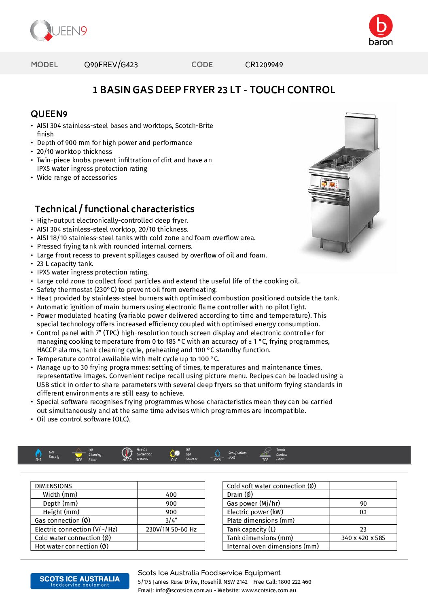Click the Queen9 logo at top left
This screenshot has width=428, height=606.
point(58,31)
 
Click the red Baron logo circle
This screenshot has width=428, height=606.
point(380,26)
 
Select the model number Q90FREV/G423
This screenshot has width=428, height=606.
point(111,65)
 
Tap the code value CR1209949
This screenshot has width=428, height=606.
point(264,65)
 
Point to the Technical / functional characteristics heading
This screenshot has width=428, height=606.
point(114,209)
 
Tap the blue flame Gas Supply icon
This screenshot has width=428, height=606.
point(38,453)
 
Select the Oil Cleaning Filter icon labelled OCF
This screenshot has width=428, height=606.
point(79,453)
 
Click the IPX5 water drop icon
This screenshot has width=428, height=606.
point(217,453)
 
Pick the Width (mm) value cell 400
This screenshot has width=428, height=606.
point(171,495)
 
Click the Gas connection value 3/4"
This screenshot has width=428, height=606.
point(171,521)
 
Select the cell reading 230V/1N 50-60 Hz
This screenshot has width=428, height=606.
point(171,529)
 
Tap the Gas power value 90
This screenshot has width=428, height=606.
point(363,504)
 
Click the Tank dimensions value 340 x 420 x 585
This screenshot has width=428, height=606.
point(363,538)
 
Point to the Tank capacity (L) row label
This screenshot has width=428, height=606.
point(251,529)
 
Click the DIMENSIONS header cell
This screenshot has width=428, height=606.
point(53,486)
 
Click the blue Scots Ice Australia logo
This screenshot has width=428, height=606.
point(80,581)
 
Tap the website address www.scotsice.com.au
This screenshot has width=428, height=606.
point(269,590)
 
